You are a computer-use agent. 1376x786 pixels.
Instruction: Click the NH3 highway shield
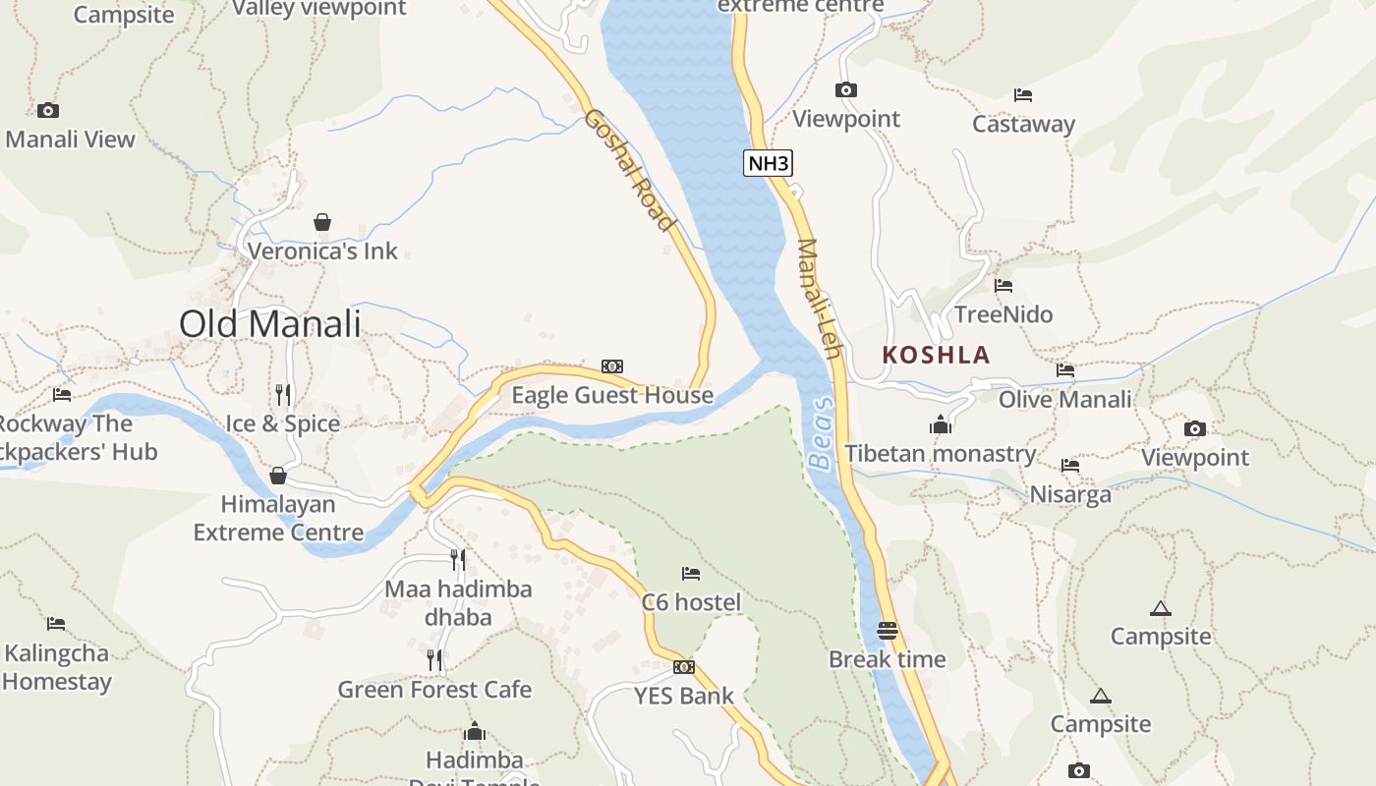pos(768,163)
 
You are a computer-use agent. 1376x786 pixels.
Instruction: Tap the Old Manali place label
pos(270,323)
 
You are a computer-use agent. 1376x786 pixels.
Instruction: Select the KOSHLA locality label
pos(936,355)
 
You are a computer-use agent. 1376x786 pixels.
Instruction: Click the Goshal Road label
pos(630,170)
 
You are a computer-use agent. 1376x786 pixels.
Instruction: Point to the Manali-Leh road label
pos(821,299)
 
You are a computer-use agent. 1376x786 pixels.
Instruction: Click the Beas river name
pos(822,433)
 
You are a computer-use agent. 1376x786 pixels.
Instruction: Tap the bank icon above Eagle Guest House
pos(612,366)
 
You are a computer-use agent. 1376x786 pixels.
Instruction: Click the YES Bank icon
pos(684,667)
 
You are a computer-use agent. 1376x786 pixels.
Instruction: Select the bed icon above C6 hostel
pos(691,573)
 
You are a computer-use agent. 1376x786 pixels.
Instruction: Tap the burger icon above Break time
pos(888,630)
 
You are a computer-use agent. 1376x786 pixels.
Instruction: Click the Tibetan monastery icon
pos(941,424)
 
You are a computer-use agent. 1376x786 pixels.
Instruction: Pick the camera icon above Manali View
pos(48,110)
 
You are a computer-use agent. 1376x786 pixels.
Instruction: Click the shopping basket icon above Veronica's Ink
pos(322,222)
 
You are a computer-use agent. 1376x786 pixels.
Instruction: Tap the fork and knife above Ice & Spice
pos(283,395)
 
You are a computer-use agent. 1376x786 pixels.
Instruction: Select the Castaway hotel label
pos(1023,124)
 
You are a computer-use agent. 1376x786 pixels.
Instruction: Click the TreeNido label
pos(1003,314)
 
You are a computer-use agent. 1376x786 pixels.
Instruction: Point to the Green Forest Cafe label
pos(434,690)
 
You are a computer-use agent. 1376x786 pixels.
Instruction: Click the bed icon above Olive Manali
pos(1065,370)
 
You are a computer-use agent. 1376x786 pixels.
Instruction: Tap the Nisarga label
pos(1070,493)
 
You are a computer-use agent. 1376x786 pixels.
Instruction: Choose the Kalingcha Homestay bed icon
pos(56,624)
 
